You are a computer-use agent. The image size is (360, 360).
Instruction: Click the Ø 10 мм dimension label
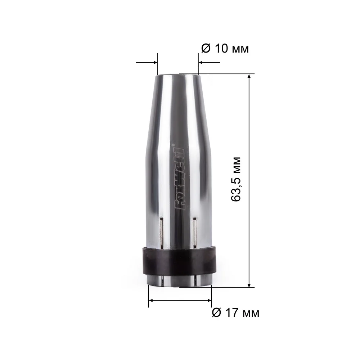click(225, 49)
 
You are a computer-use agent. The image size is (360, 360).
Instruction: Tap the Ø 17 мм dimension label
click(235, 313)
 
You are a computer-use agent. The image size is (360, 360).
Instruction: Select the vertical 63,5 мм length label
click(236, 179)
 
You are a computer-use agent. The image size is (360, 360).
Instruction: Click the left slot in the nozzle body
click(162, 233)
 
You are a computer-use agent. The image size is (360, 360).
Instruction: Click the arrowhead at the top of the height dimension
click(249, 76)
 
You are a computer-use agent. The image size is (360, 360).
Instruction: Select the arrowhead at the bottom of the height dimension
click(249, 285)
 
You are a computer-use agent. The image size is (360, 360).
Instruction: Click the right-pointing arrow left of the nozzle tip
click(147, 62)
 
